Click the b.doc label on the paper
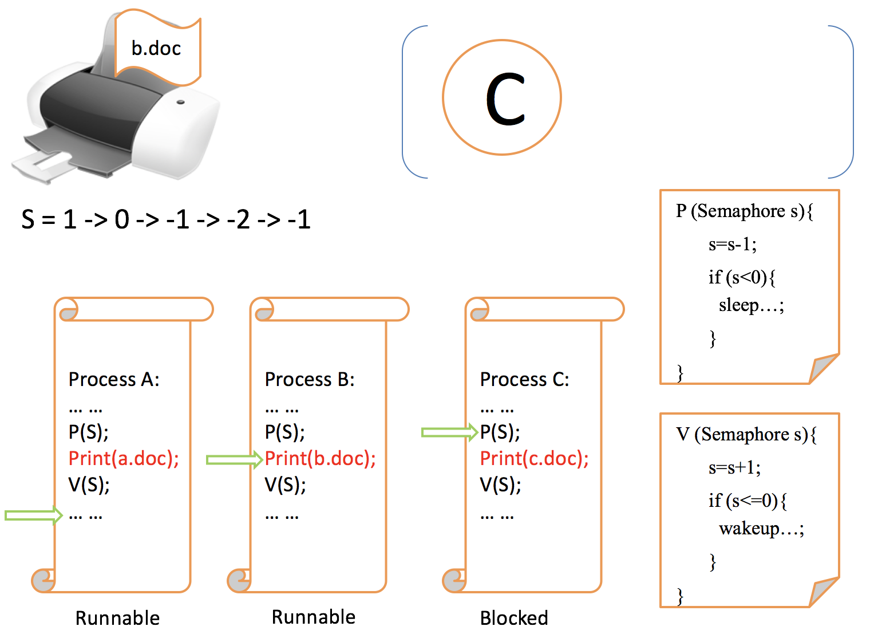point(156,49)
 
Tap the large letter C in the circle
point(505,99)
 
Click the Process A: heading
point(114,379)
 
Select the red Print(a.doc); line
point(124,458)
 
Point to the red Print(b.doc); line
point(320,459)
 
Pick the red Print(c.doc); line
point(534,459)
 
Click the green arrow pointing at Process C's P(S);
point(449,432)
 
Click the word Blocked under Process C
point(513,618)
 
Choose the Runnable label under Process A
point(117,618)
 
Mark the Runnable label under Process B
point(313,617)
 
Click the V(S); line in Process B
point(285,485)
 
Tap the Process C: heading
point(524,379)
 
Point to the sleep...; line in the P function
point(751,305)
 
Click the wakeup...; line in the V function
point(761,528)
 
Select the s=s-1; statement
point(732,245)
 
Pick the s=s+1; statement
point(734,468)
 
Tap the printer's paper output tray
point(52,163)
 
